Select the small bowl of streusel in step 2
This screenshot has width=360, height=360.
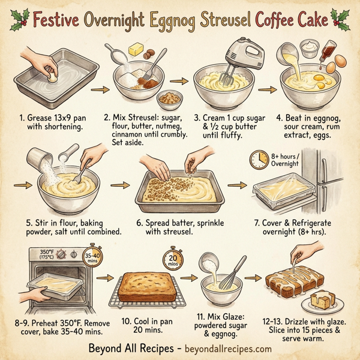pyautogui.click(x=169, y=98)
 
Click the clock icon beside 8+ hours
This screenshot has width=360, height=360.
pyautogui.click(x=259, y=159)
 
